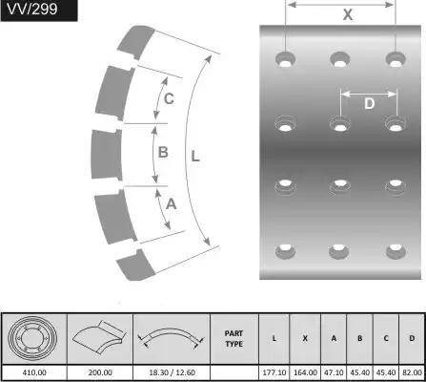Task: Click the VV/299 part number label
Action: click(x=32, y=9)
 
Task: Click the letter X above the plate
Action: click(x=348, y=14)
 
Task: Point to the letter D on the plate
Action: click(x=369, y=103)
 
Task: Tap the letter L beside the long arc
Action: click(x=195, y=156)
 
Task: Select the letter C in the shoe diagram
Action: click(x=169, y=98)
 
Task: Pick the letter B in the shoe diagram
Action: click(x=163, y=152)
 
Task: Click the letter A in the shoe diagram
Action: click(x=171, y=203)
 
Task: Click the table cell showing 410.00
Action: click(x=34, y=372)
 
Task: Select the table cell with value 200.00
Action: click(x=100, y=372)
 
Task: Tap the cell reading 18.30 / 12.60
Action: click(x=172, y=372)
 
